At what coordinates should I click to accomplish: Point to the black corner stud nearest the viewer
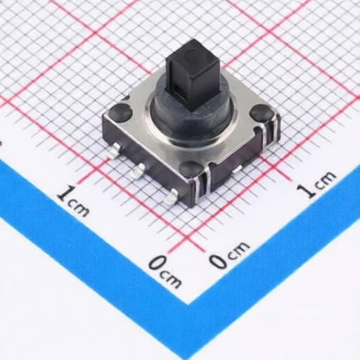191,169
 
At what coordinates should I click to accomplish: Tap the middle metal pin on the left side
138,169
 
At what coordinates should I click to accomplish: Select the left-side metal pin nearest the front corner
169,198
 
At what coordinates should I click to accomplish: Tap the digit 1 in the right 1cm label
304,191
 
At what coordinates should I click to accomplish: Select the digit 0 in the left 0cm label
156,264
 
